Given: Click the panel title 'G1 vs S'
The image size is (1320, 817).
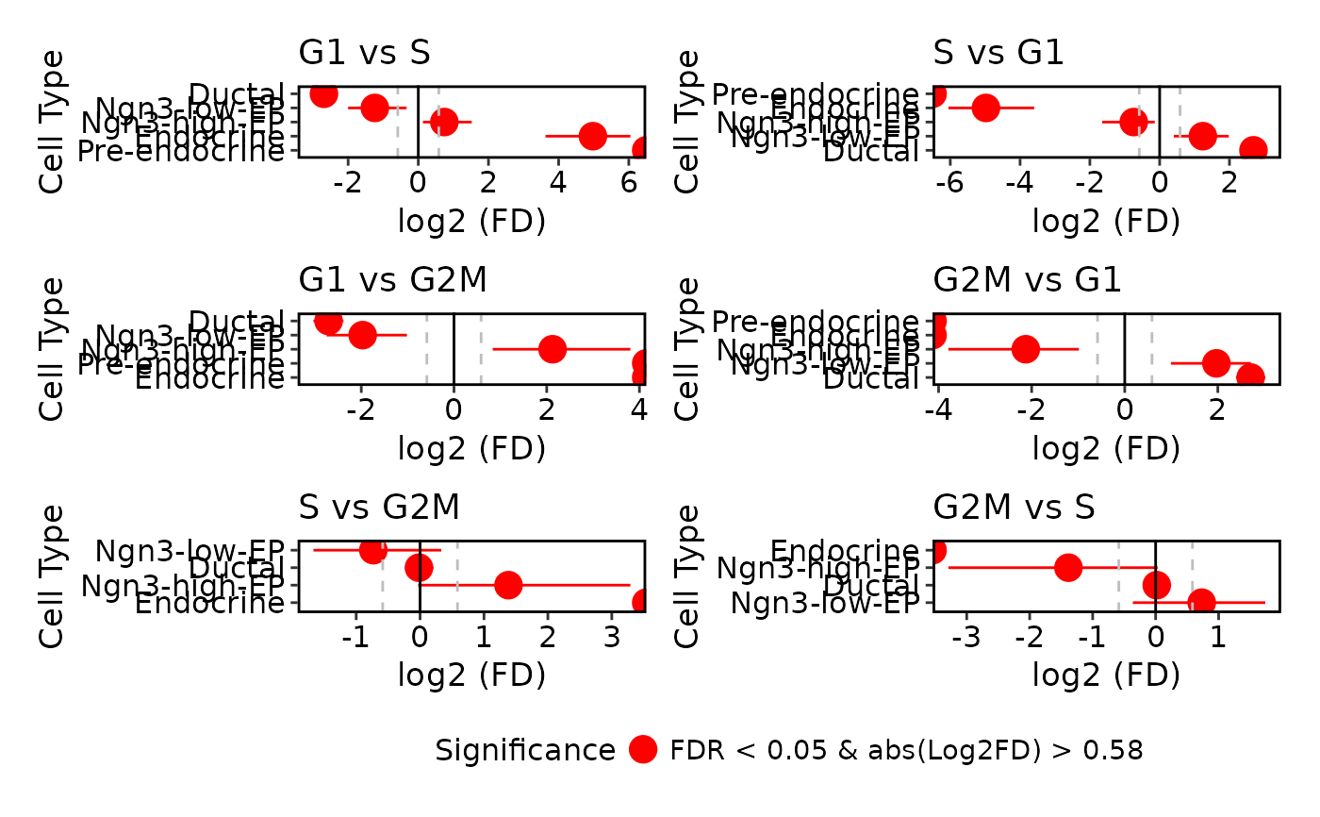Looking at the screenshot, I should click(x=364, y=53).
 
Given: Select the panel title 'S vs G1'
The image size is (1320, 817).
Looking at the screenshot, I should click(x=998, y=53).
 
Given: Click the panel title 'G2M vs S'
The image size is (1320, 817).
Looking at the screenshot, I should click(x=1014, y=508).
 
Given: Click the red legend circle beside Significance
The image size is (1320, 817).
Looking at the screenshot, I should click(x=643, y=750).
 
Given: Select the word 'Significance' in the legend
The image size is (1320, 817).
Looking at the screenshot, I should click(x=525, y=751).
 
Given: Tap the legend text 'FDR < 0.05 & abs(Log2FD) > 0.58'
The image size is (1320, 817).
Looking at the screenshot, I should click(x=906, y=751).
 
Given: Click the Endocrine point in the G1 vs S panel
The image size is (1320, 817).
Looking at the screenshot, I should click(x=592, y=136).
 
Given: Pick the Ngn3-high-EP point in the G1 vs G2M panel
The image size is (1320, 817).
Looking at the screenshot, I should click(x=553, y=349).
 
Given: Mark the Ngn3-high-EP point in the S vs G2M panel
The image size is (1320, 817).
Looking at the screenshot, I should click(x=508, y=585).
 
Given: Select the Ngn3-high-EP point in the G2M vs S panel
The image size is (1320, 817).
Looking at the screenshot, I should click(x=1068, y=568).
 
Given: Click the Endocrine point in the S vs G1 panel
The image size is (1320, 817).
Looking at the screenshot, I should click(x=985, y=108).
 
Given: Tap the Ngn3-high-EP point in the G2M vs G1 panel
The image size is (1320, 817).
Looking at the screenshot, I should click(x=1026, y=349).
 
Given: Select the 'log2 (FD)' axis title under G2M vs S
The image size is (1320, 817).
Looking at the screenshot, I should click(x=1106, y=675).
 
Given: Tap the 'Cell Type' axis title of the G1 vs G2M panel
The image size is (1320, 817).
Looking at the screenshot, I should click(x=54, y=348).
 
